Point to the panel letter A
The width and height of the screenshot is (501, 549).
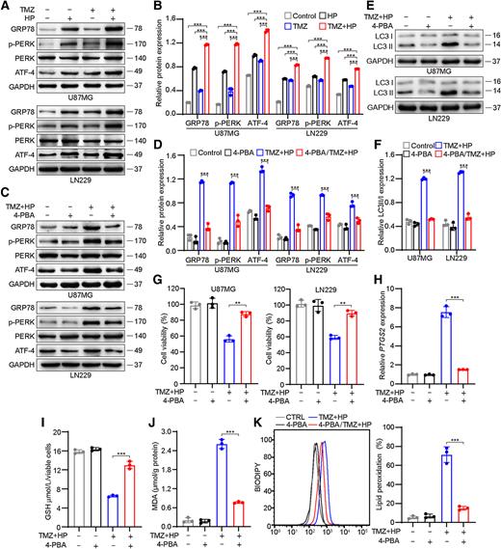coord(6,7)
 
